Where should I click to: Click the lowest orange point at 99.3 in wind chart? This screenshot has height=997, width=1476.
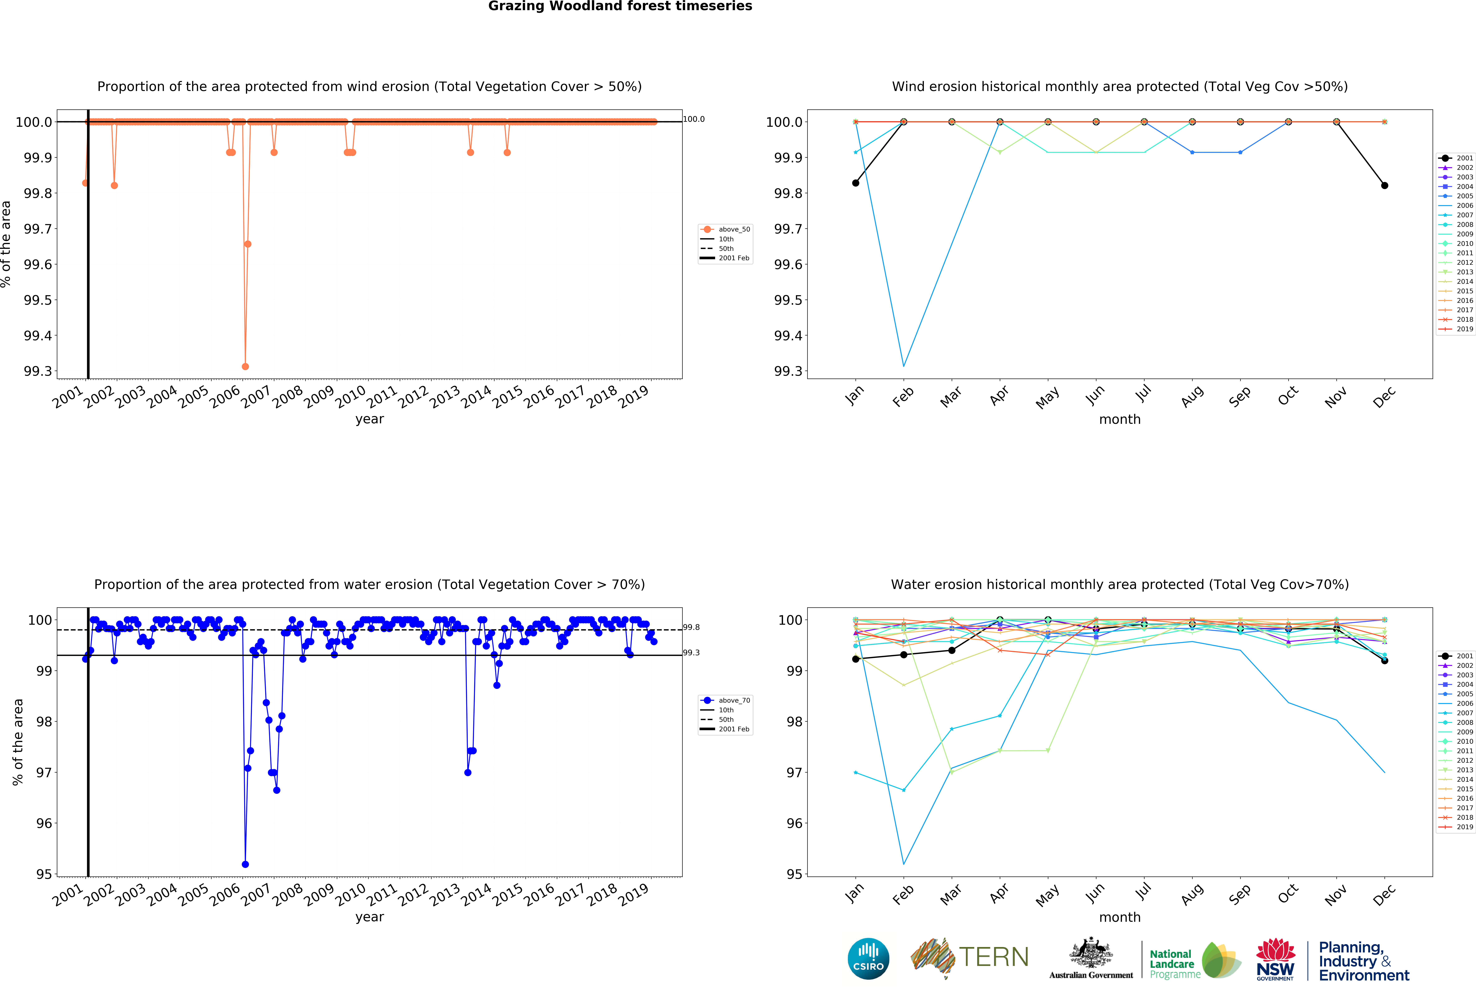coord(245,366)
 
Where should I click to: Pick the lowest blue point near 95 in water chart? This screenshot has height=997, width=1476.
coord(245,864)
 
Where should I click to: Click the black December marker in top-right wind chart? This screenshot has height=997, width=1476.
coord(1385,185)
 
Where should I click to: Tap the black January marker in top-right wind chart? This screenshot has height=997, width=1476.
coord(855,183)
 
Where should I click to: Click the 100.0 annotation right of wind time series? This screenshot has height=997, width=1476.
coord(694,119)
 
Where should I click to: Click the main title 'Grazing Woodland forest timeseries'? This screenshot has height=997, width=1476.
coord(620,6)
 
